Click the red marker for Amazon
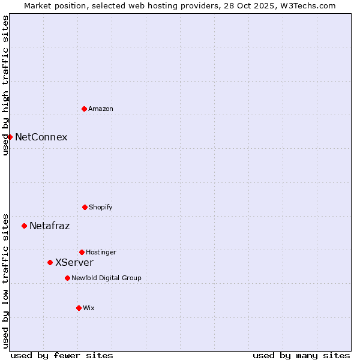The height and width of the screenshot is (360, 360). (x=84, y=109)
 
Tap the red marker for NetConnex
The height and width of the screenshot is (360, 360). (x=10, y=137)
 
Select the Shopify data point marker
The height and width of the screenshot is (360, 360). (x=85, y=207)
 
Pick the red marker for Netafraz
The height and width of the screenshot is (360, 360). (x=24, y=226)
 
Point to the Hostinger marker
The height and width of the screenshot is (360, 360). (x=82, y=252)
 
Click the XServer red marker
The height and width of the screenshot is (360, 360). (x=50, y=262)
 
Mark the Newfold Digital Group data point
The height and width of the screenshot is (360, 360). (x=67, y=278)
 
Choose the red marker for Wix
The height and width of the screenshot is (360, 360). (x=79, y=308)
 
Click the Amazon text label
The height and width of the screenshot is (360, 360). (x=101, y=109)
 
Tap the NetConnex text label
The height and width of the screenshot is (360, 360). (x=41, y=137)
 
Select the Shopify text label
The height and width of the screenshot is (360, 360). (x=101, y=207)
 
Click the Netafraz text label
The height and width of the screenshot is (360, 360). (x=49, y=226)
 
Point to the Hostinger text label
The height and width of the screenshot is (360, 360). (x=101, y=252)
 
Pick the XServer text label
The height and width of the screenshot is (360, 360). (x=74, y=262)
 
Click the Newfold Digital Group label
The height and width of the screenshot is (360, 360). (x=106, y=278)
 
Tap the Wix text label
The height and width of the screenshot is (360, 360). (x=89, y=308)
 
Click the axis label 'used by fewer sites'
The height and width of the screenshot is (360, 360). (x=62, y=355)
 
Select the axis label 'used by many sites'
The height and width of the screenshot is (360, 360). (x=301, y=355)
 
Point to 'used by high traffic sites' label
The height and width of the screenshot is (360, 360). (x=5, y=85)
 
